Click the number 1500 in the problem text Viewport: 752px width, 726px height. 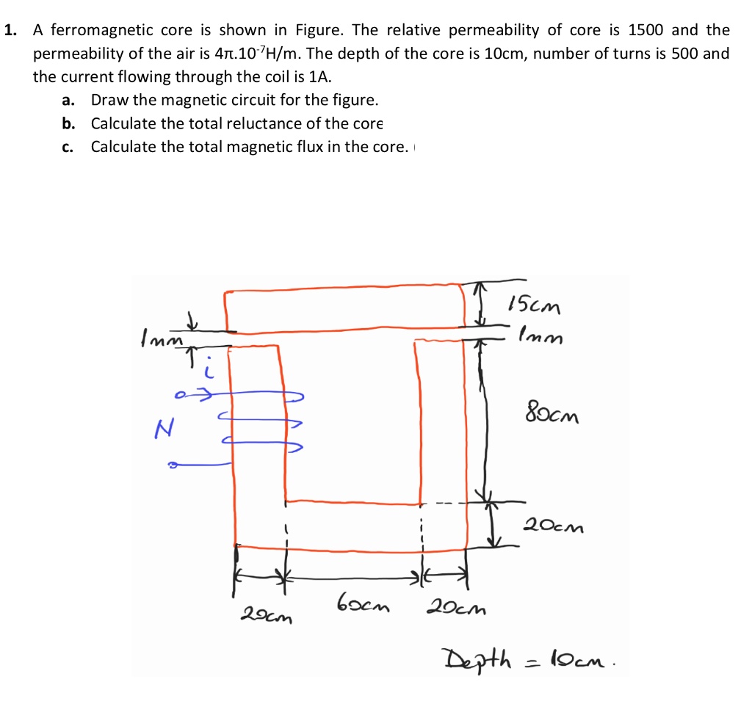[646, 31]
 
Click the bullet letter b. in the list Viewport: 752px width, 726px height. [68, 123]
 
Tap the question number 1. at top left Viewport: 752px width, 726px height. [10, 31]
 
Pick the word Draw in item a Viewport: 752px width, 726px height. [107, 100]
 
